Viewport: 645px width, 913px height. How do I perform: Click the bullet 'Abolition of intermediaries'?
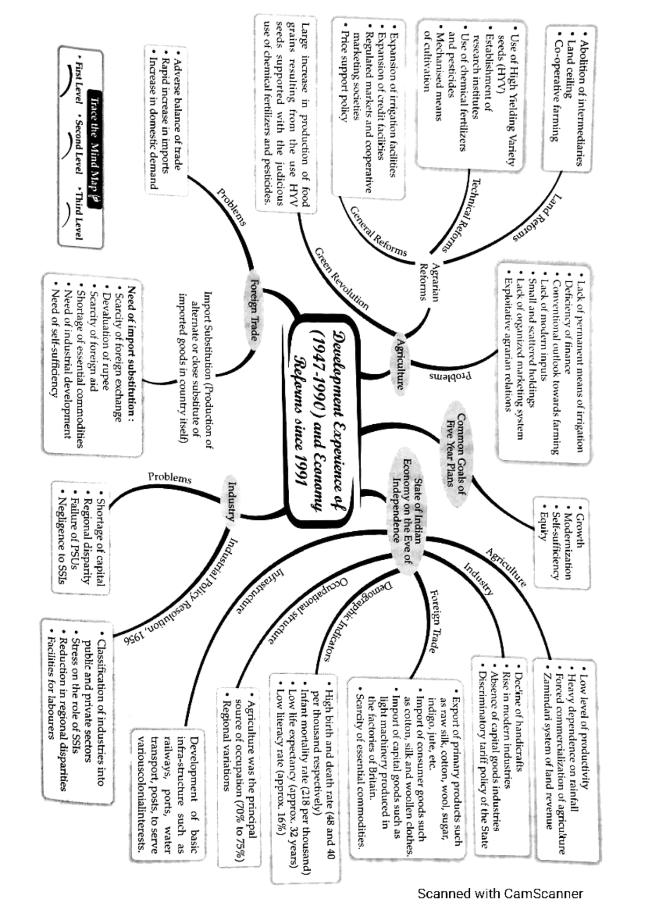pos(582,102)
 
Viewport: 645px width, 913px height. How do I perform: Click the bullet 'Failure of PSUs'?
pos(75,535)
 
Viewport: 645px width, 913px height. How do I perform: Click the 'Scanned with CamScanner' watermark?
pos(500,894)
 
